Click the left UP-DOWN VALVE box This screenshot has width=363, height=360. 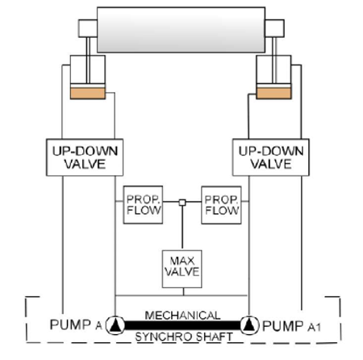coord(85,157)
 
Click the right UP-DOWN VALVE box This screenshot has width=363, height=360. coord(271,157)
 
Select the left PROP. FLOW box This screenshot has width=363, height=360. coord(143,205)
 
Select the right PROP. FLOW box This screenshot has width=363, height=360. coord(221,205)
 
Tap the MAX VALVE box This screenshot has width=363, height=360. coord(182,269)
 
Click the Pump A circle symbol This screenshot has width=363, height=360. coord(115,325)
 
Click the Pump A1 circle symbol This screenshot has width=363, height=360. coord(249,325)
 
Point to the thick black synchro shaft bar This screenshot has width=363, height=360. coord(182,325)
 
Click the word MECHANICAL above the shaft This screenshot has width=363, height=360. coord(182,316)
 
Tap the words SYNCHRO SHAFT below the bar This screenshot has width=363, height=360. coord(184,337)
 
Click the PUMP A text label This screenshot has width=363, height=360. coord(76,324)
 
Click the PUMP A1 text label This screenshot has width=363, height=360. coord(291,326)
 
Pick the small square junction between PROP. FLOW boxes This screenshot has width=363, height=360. coord(182,203)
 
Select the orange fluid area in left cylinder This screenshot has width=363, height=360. coord(88,94)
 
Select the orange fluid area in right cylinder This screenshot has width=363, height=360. coord(273,94)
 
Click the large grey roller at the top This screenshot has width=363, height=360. coord(181,30)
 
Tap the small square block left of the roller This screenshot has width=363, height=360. coord(88,28)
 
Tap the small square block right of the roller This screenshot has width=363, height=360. coord(274,28)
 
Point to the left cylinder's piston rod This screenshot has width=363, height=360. coord(88,61)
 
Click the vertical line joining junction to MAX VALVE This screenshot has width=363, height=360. coord(182,228)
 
